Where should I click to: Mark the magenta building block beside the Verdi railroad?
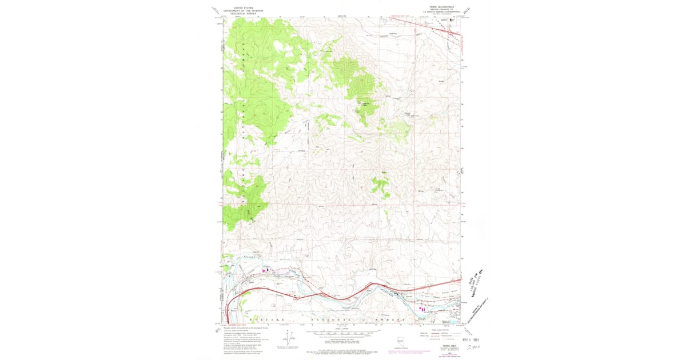click(x=265, y=270)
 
